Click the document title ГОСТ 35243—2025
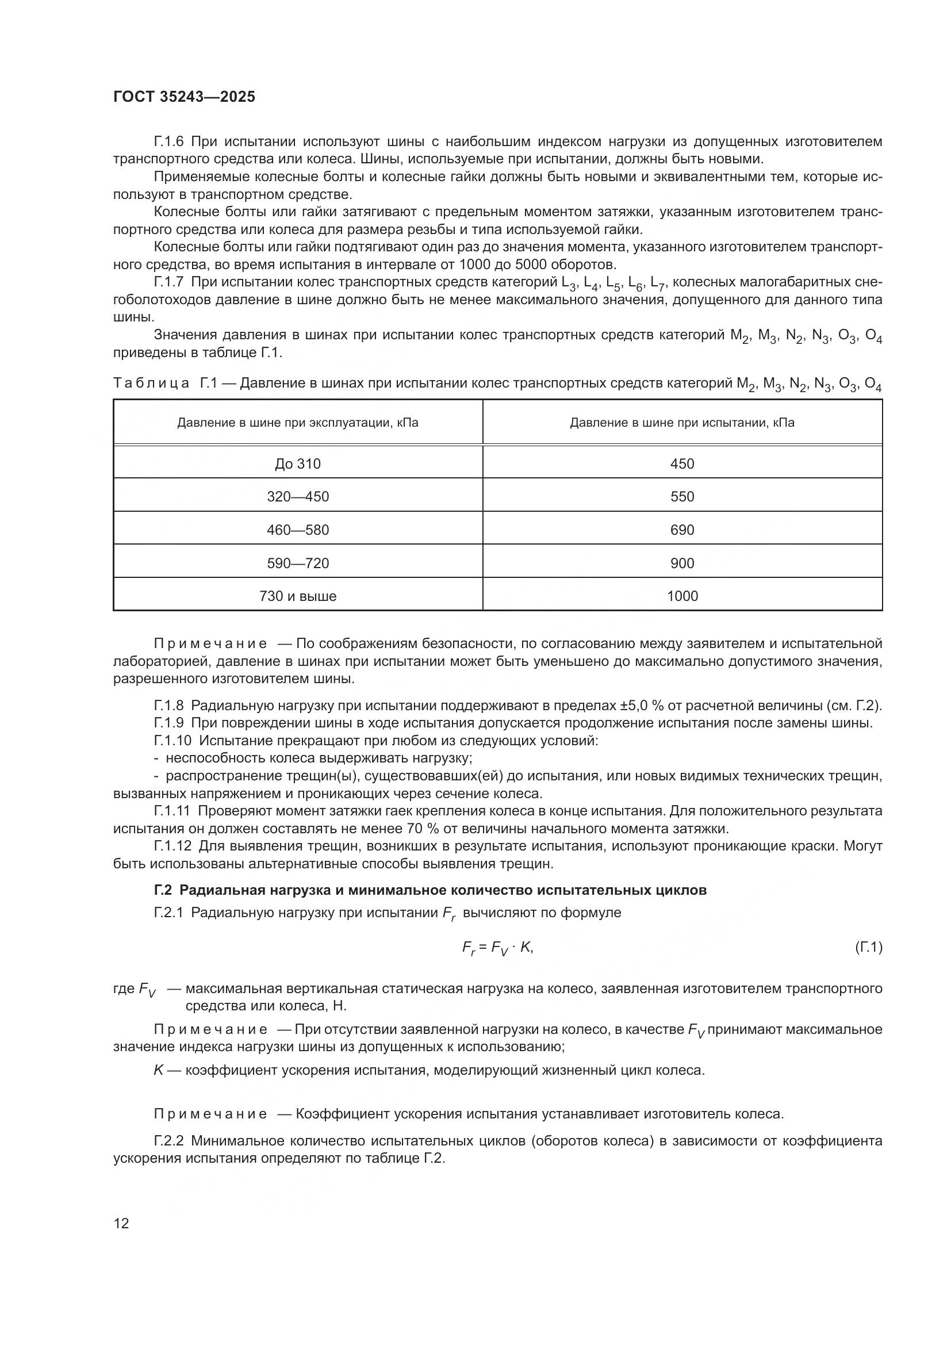pyautogui.click(x=185, y=97)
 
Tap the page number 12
pyautogui.click(x=121, y=1223)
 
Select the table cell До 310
pyautogui.click(x=297, y=464)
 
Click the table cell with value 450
pyautogui.click(x=682, y=464)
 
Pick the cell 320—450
pyautogui.click(x=297, y=497)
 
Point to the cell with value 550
pyautogui.click(x=682, y=497)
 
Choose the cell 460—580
pyautogui.click(x=297, y=530)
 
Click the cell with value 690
pyautogui.click(x=682, y=530)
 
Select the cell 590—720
pyautogui.click(x=297, y=564)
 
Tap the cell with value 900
pyautogui.click(x=682, y=564)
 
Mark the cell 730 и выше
pyautogui.click(x=297, y=596)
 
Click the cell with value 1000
pyautogui.click(x=682, y=596)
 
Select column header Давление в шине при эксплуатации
pyautogui.click(x=297, y=423)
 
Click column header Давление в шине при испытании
pyautogui.click(x=682, y=423)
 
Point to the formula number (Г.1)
pyautogui.click(x=868, y=947)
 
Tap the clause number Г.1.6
pyautogui.click(x=169, y=142)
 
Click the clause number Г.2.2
pyautogui.click(x=169, y=1141)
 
